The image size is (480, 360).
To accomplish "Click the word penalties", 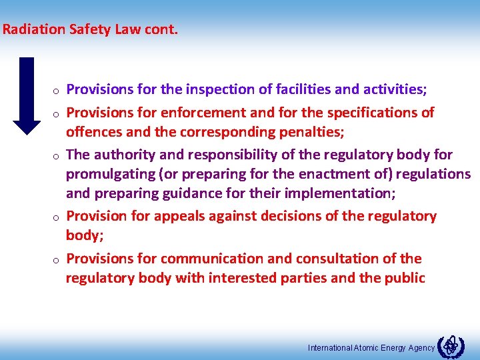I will pyautogui.click(x=309, y=131).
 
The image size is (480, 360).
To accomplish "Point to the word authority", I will pyautogui.click(x=125, y=155).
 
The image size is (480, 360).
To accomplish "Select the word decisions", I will pyautogui.click(x=299, y=216).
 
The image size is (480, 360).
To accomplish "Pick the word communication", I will pyautogui.click(x=209, y=259).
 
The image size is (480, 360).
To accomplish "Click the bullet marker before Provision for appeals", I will pyautogui.click(x=59, y=218).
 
